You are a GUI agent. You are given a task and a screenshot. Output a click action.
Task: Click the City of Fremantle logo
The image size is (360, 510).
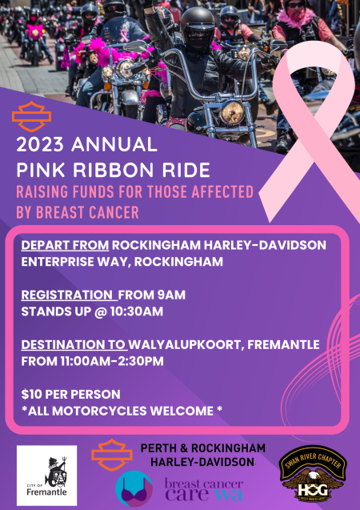coord(47,476)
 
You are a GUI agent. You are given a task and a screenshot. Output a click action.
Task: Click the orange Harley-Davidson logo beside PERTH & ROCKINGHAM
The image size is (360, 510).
coord(112,454)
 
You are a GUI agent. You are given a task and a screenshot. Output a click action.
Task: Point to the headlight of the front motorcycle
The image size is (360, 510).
coord(232,111)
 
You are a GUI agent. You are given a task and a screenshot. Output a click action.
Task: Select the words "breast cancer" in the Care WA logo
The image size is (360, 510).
coord(203,484)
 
